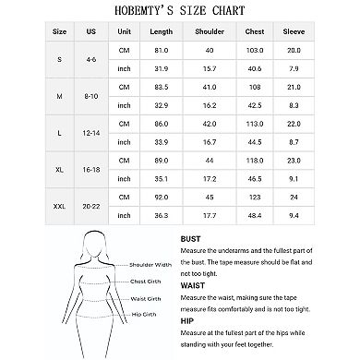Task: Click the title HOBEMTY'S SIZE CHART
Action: pos(181,12)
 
